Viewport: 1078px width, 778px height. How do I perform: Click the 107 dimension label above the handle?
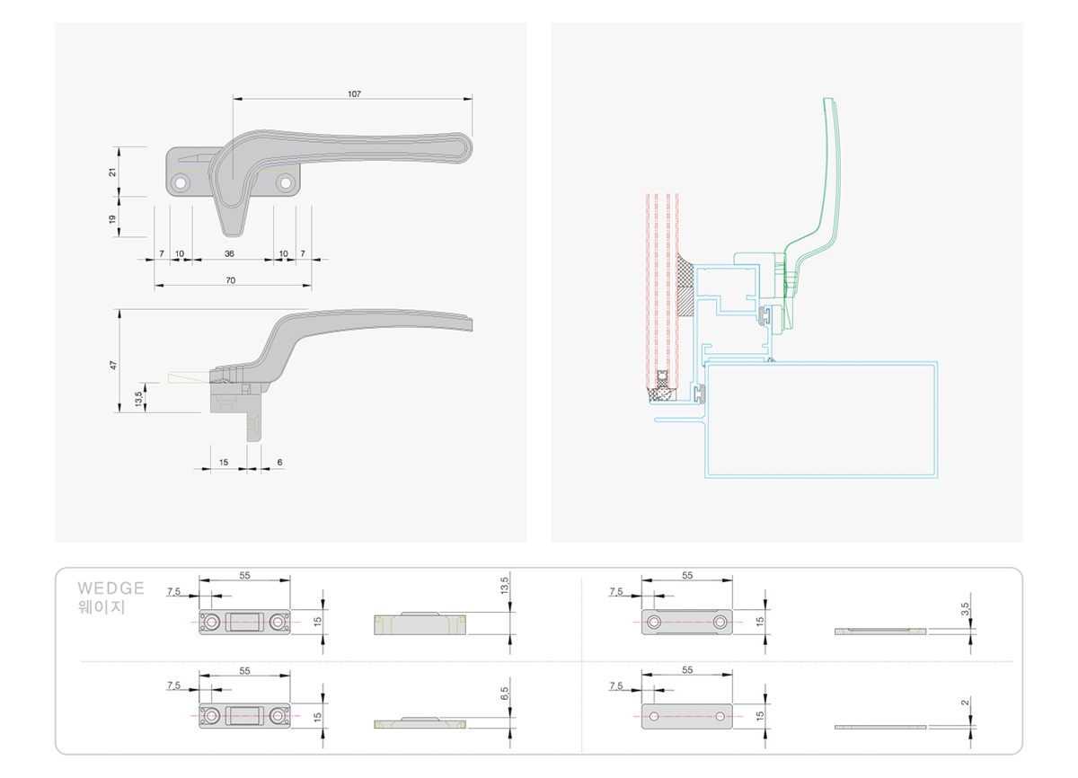[x=354, y=93]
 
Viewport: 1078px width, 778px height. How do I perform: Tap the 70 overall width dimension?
[x=231, y=280]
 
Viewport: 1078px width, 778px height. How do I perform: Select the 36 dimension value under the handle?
[x=229, y=253]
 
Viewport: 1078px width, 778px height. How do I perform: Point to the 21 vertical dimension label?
[x=112, y=172]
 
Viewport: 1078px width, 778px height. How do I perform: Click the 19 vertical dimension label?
[x=112, y=219]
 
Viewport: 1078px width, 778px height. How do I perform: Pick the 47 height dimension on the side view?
[x=113, y=365]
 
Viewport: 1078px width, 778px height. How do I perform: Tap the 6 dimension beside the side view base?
[x=279, y=462]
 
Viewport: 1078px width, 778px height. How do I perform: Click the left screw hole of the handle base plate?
[x=181, y=183]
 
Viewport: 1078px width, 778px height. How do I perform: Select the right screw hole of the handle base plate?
[x=286, y=183]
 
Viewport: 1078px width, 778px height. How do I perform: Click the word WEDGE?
[x=110, y=588]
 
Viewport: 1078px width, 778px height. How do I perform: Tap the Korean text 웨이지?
[x=102, y=606]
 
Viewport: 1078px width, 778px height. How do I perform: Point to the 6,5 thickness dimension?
[x=504, y=694]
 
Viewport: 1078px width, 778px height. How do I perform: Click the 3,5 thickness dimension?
[x=966, y=608]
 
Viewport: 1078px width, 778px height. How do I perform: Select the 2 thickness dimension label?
[x=966, y=703]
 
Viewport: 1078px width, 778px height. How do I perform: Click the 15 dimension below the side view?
[x=224, y=462]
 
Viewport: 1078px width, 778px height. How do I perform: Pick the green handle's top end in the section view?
[x=828, y=100]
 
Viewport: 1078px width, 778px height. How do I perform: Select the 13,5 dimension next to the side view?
[x=138, y=398]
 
